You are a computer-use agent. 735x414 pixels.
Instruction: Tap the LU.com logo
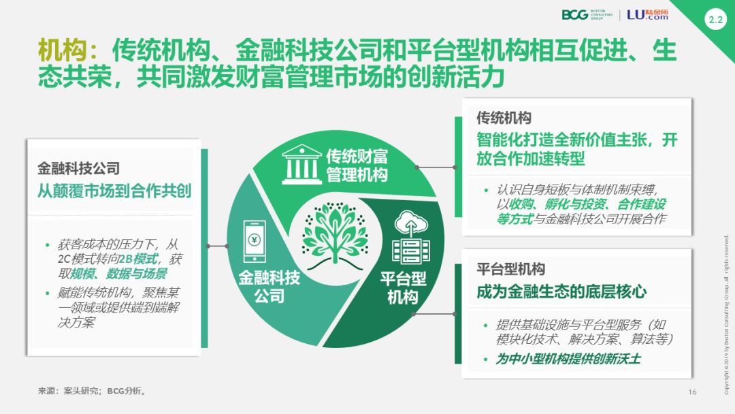click(x=647, y=14)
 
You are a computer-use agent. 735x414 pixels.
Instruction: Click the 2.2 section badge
click(x=715, y=20)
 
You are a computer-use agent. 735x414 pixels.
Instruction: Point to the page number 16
click(x=693, y=392)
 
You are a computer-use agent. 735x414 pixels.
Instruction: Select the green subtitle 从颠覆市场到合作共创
click(x=114, y=191)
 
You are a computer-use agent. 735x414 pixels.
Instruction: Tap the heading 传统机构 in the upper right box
click(x=504, y=118)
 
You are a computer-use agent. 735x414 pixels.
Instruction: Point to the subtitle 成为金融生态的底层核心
click(x=561, y=293)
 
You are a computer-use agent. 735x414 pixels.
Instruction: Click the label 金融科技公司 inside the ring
click(x=269, y=287)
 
